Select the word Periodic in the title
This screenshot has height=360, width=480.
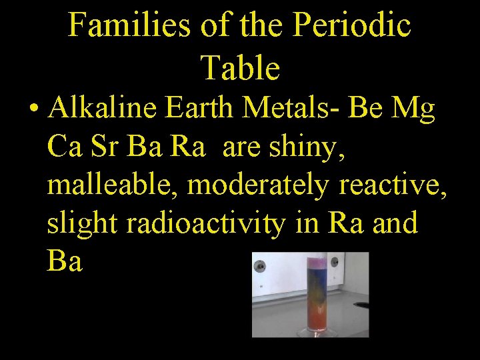click(351, 26)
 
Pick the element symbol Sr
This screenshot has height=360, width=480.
click(111, 146)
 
